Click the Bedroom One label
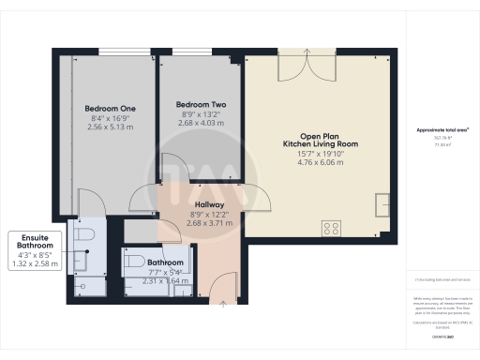(110, 109)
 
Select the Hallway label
(208, 204)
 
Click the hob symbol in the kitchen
(331, 227)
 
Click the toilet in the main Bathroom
(133, 262)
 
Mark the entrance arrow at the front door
(222, 303)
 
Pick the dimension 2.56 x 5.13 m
(110, 128)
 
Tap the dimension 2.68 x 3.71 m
(208, 223)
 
